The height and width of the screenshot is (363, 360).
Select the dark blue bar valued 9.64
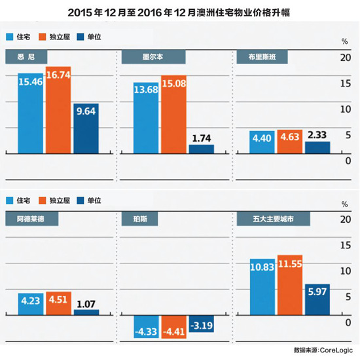point(85,128)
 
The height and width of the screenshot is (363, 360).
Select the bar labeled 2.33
point(317,147)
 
